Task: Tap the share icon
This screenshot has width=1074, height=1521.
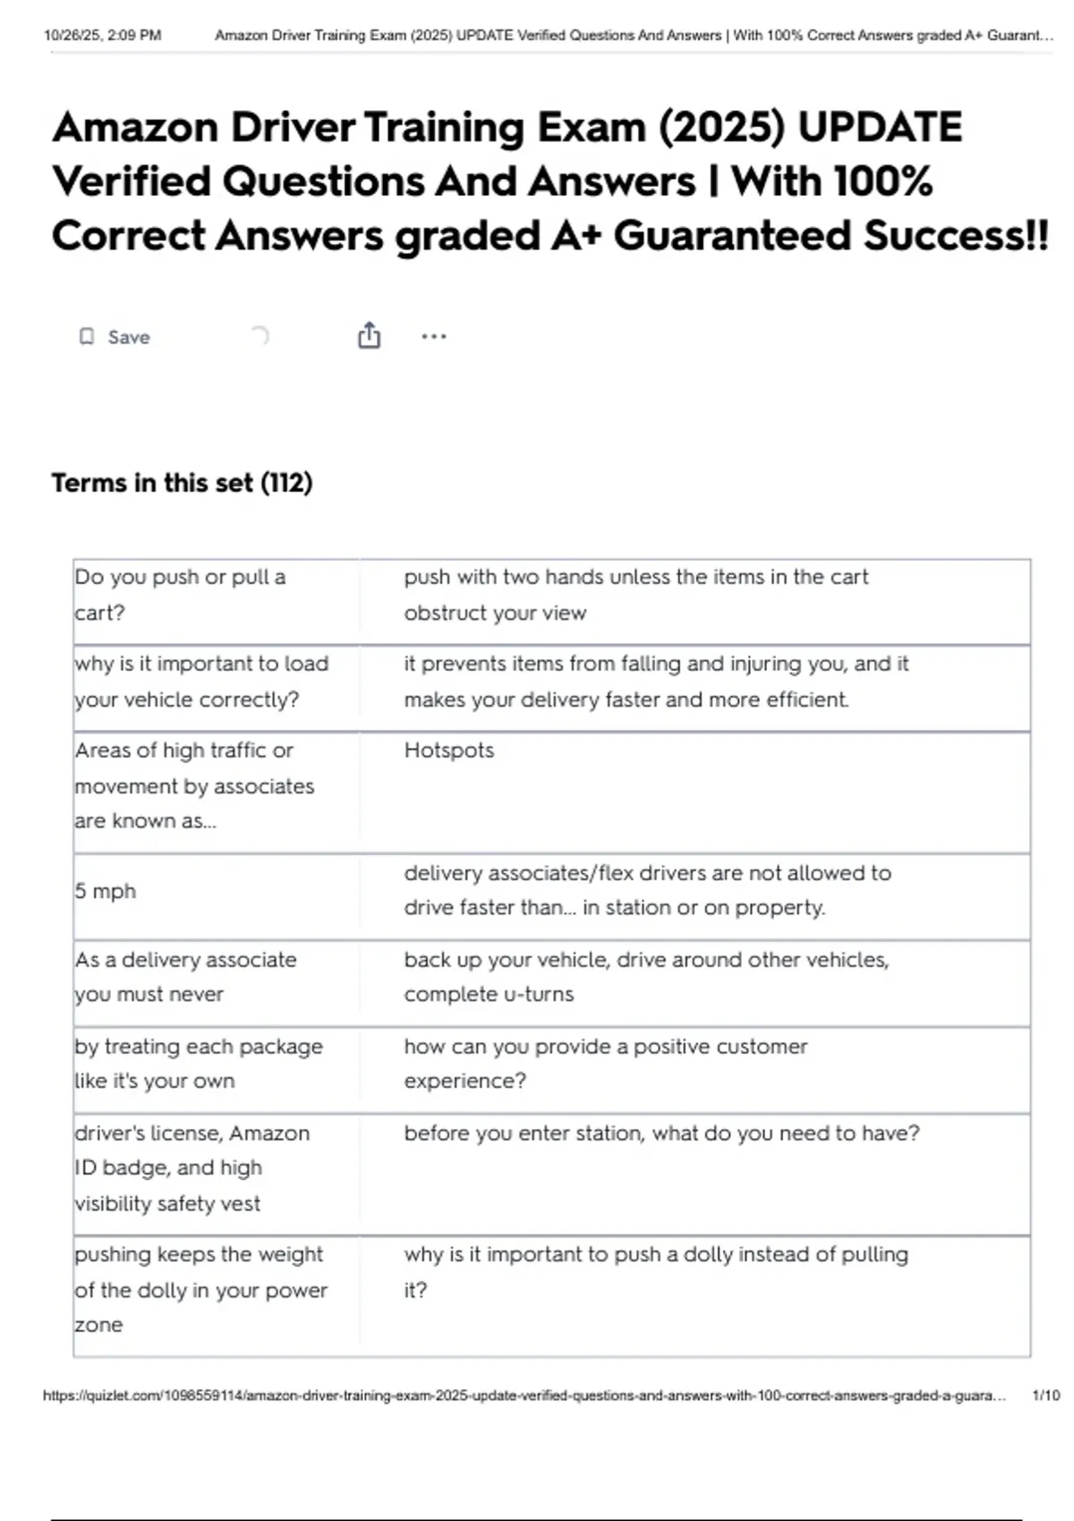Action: (369, 336)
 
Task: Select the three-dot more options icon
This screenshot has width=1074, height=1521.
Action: (433, 337)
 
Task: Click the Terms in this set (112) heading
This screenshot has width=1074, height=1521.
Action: (182, 483)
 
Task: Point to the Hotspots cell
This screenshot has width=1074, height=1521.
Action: (448, 751)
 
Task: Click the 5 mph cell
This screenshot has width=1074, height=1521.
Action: (106, 891)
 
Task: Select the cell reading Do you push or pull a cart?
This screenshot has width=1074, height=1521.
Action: (180, 595)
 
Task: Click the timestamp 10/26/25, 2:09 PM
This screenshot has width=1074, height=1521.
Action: (103, 36)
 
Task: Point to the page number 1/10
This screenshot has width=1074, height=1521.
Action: (1045, 1396)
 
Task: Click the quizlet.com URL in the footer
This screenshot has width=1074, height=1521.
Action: (524, 1396)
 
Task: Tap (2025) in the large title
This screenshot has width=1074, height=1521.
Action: (721, 128)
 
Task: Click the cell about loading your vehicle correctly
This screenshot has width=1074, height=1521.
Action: (201, 682)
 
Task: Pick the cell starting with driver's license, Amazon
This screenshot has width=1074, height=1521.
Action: (192, 1168)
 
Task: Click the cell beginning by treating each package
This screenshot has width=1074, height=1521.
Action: (198, 1064)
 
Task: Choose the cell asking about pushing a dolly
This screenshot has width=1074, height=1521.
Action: (655, 1272)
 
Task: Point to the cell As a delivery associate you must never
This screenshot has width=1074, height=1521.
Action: (185, 977)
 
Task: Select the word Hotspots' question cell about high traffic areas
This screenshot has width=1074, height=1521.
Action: (194, 786)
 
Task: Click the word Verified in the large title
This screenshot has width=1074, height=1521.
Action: (131, 183)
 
